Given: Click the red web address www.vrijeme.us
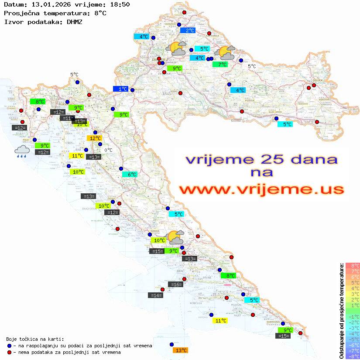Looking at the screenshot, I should (x=261, y=189).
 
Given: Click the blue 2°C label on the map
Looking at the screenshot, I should (x=188, y=30).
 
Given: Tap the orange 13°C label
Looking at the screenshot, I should (x=180, y=350).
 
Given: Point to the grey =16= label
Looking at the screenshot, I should (x=175, y=285).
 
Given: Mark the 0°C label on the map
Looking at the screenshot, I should (x=108, y=150).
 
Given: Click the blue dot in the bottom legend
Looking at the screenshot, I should (x=9, y=346).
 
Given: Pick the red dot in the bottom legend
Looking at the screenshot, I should (x=9, y=352).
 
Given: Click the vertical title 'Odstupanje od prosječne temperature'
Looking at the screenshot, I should (x=341, y=311).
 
